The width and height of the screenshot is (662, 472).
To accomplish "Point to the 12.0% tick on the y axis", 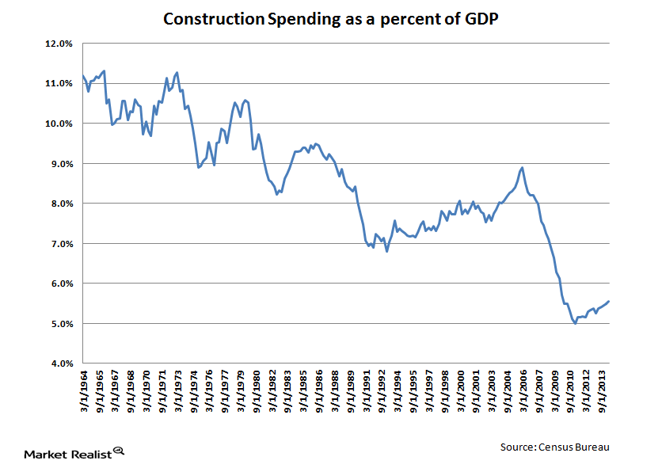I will coord(59,44).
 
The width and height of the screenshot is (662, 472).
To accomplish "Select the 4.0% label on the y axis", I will coord(61,364).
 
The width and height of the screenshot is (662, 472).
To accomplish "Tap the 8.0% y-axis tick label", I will coord(61,204).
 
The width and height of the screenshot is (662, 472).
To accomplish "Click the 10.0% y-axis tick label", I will coord(59,124).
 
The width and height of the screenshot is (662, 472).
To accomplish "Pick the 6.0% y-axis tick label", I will coord(61,284).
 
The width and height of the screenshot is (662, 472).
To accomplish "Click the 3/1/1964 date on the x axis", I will coord(84,392).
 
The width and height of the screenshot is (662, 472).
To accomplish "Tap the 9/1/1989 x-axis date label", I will coord(350,392).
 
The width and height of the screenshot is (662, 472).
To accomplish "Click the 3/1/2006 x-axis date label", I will coord(523,392).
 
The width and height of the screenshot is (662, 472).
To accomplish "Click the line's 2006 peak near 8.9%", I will coord(521,167).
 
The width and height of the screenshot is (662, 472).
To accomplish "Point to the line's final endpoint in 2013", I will coord(609,301).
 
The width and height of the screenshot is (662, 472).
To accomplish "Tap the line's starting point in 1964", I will coord(82,76).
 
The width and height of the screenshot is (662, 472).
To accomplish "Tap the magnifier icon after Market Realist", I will coord(120,451).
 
